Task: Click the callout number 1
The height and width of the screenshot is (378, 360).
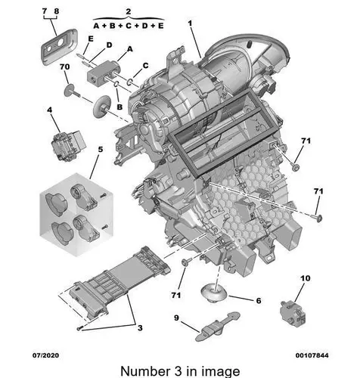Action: tap(190, 23)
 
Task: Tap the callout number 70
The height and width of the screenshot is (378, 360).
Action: tap(65, 67)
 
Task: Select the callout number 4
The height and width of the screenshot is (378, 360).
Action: tap(50, 110)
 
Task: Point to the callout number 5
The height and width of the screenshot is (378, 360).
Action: tap(101, 150)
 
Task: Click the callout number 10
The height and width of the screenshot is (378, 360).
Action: tap(306, 278)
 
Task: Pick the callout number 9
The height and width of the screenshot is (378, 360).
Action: tap(176, 318)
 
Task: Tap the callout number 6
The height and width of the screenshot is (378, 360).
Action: tap(259, 301)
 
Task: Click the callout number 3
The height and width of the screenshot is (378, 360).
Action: tap(140, 328)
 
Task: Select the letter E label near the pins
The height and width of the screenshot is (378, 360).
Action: tap(91, 39)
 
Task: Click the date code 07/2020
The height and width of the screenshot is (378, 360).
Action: tap(46, 355)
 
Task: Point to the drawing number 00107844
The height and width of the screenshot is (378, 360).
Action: tap(312, 355)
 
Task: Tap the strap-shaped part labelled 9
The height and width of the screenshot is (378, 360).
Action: tap(218, 327)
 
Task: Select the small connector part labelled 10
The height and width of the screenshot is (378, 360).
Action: tap(293, 313)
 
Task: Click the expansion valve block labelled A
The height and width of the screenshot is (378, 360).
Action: tap(102, 73)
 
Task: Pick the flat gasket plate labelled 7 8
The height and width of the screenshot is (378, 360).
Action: tap(59, 47)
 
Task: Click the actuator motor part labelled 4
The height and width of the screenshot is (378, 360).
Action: tap(68, 145)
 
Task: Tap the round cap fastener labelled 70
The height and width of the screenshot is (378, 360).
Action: tap(70, 91)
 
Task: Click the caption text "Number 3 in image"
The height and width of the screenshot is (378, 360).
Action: tap(180, 371)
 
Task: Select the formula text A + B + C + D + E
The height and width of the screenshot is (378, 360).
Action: tap(129, 26)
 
